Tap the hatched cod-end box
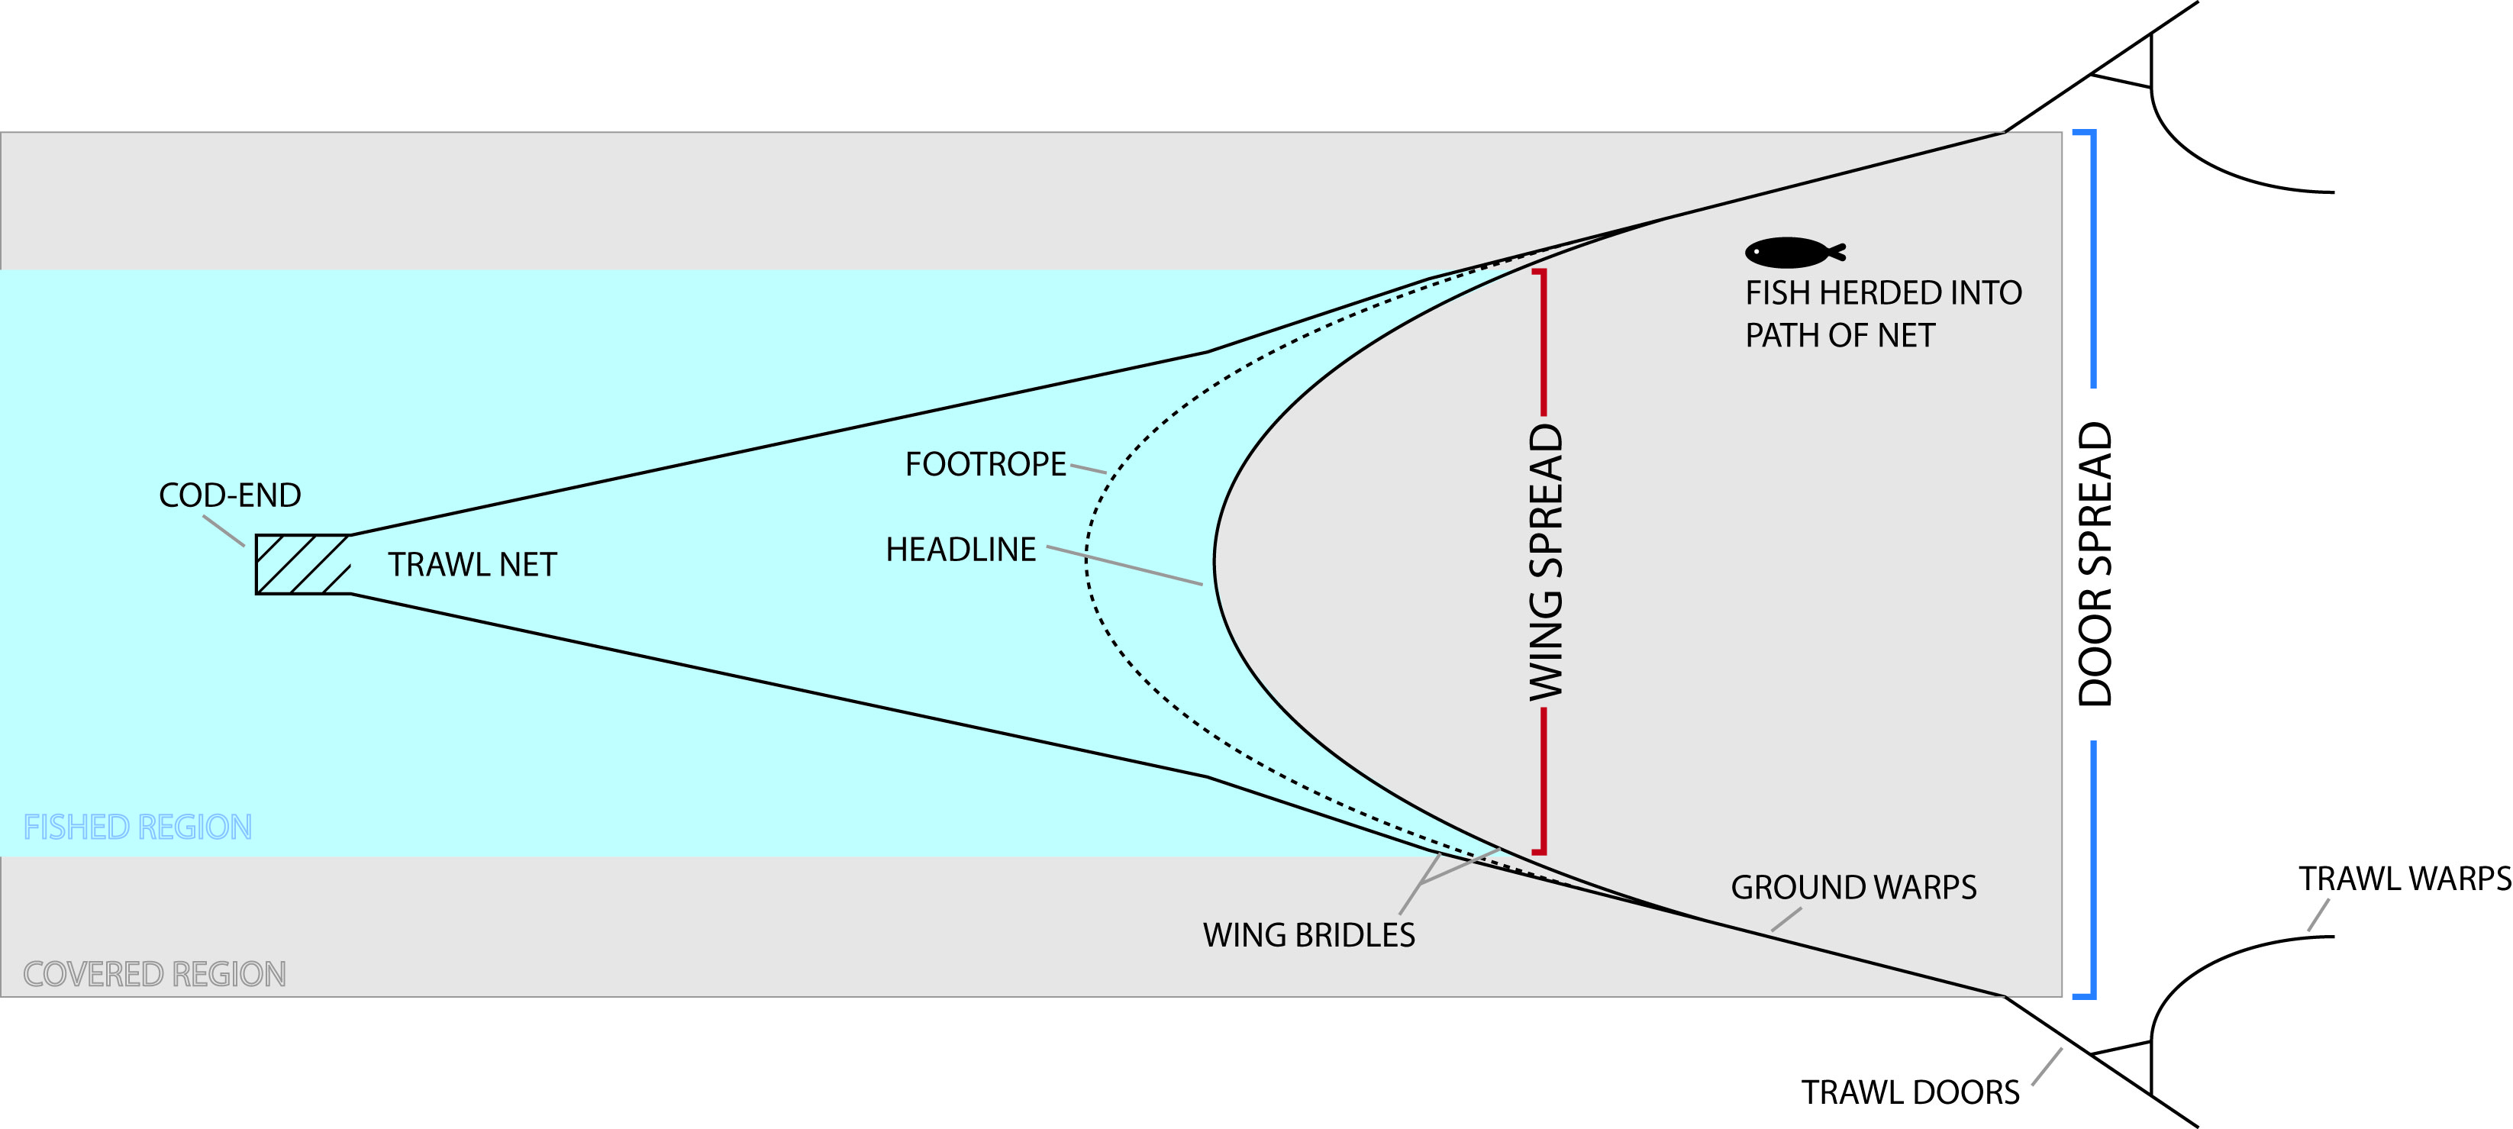click(302, 564)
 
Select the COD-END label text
click(231, 495)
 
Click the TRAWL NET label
click(473, 565)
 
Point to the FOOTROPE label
click(986, 464)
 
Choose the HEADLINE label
click(960, 550)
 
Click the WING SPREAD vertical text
click(1545, 562)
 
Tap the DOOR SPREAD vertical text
click(2095, 564)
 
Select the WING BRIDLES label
click(1308, 936)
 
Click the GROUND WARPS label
click(1853, 888)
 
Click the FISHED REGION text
click(137, 827)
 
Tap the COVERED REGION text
click(154, 975)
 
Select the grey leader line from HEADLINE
click(1124, 566)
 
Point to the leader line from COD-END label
click(224, 530)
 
